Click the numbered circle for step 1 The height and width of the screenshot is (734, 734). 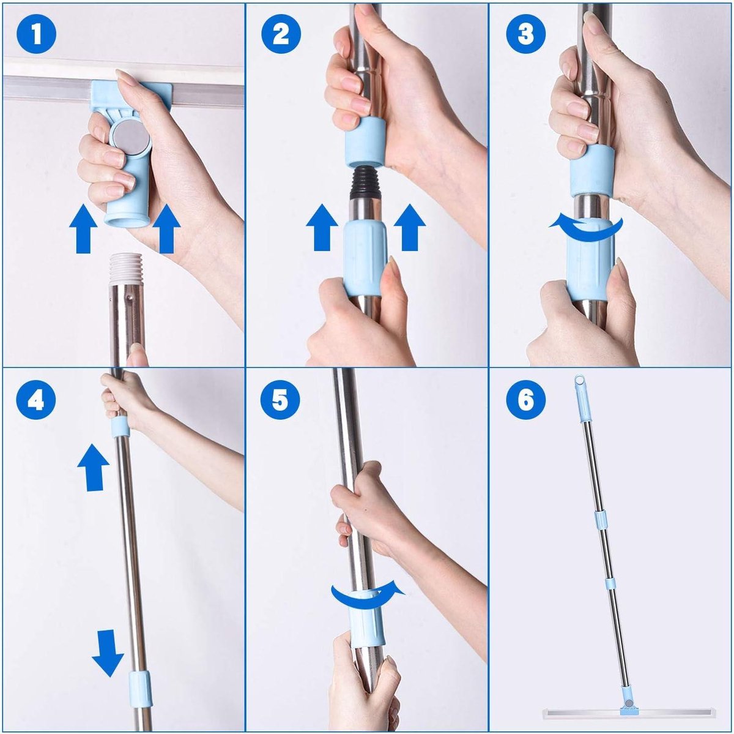pos(36,34)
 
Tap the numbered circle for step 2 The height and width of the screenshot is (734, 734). pos(280,34)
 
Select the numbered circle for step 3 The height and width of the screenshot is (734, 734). pos(525,34)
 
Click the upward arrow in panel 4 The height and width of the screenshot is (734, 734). pos(93,467)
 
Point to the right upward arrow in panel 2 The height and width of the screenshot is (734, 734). pos(409,227)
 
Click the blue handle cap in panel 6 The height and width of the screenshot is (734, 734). pos(580,397)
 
